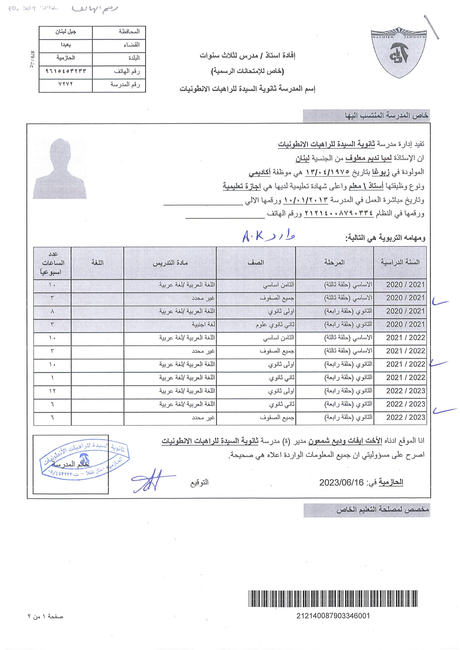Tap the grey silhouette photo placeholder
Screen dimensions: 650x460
pyautogui.click(x=60, y=168)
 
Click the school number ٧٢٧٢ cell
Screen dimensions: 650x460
pyautogui.click(x=66, y=84)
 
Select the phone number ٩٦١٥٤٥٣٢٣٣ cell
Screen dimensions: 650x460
pyautogui.click(x=66, y=71)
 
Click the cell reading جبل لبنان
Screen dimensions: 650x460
pyautogui.click(x=66, y=32)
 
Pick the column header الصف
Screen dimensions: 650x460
pyautogui.click(x=256, y=262)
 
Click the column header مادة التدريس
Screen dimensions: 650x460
pyautogui.click(x=170, y=263)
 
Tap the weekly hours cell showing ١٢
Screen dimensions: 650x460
pyautogui.click(x=52, y=391)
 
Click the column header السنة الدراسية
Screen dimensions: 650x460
pyautogui.click(x=400, y=262)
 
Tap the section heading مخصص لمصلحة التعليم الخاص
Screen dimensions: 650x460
pyautogui.click(x=383, y=510)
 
